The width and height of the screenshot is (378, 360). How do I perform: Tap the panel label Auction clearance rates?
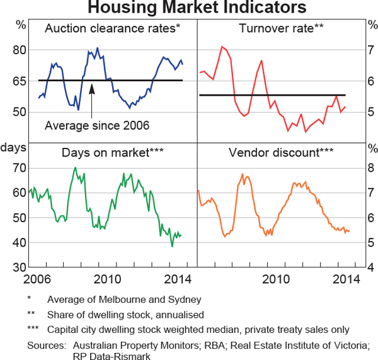pyautogui.click(x=113, y=28)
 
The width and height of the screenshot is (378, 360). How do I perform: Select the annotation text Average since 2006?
pyautogui.click(x=97, y=126)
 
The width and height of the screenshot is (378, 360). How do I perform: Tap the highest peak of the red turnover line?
pyautogui.click(x=222, y=47)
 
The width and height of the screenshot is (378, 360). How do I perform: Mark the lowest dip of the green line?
pyautogui.click(x=172, y=245)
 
